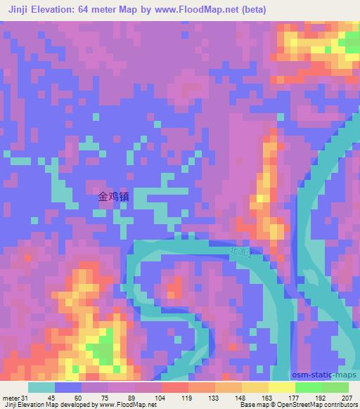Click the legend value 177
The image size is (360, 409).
click(295, 398)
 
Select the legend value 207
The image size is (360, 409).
click(347, 398)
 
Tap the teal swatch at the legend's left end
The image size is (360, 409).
click(41, 387)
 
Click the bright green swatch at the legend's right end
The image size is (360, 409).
click(335, 387)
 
